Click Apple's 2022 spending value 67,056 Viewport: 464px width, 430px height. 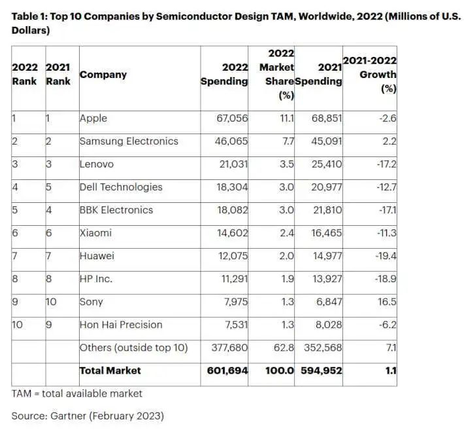(232, 118)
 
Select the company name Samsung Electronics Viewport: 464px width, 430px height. (129, 141)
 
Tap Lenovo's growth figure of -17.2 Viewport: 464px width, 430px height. (386, 164)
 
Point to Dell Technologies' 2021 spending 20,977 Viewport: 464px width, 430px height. (326, 187)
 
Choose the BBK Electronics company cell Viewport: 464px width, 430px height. (116, 210)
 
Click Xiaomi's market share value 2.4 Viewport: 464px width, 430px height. (287, 233)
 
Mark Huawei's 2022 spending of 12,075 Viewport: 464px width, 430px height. (233, 256)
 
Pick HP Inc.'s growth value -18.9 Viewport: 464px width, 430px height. (386, 279)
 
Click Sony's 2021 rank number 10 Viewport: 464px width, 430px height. (51, 302)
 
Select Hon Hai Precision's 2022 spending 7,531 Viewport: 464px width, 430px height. (236, 325)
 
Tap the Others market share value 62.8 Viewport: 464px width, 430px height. (284, 348)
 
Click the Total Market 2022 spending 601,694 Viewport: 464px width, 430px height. (227, 370)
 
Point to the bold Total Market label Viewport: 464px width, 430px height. (110, 370)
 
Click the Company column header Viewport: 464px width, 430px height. (103, 75)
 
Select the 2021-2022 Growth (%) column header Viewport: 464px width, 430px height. (370, 75)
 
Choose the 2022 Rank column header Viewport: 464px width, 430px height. (25, 74)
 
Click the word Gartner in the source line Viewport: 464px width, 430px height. (69, 416)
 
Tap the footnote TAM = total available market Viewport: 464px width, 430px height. (77, 393)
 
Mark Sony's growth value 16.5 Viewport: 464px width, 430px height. (387, 302)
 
